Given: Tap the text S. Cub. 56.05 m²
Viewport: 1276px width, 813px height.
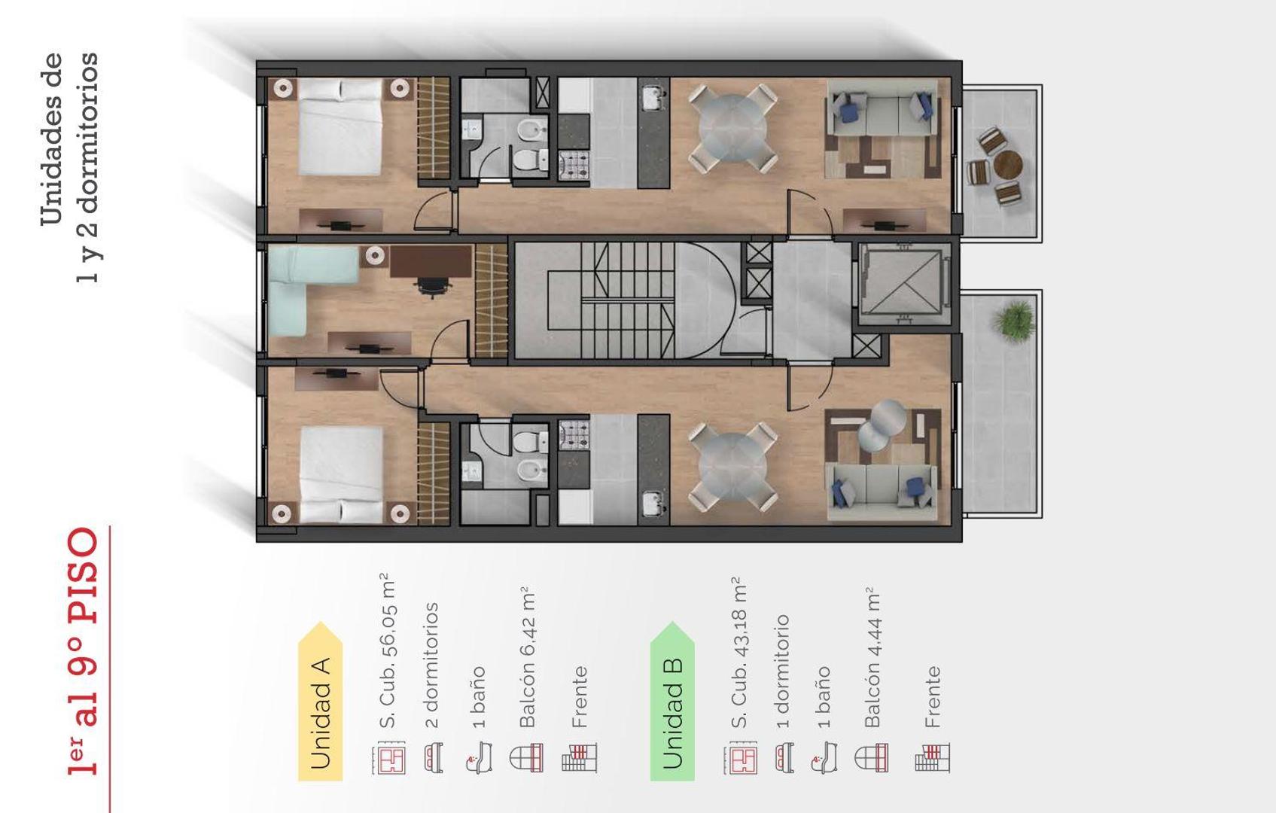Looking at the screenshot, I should tap(387, 651).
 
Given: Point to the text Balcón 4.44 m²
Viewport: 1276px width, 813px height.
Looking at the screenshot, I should tap(872, 657).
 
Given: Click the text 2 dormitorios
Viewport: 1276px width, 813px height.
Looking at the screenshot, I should tap(431, 665).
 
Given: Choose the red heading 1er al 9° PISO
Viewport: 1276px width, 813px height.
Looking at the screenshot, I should tap(84, 651).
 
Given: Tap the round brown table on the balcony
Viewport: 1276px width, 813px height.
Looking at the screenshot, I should tap(1006, 164).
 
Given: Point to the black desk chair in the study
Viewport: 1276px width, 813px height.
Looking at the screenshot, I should tap(431, 286).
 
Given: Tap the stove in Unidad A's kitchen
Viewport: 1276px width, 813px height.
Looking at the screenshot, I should tap(574, 166).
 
